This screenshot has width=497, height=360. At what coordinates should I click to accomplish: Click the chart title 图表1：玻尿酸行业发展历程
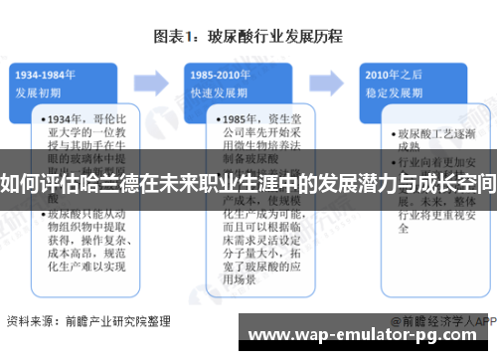248,37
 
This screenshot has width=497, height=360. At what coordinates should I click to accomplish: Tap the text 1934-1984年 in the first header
47,76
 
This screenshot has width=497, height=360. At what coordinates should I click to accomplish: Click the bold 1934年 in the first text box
64,118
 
